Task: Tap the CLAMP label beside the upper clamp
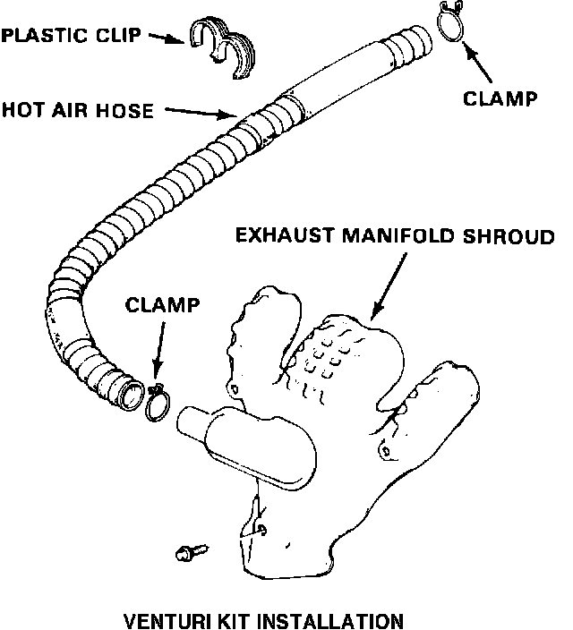point(500,98)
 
